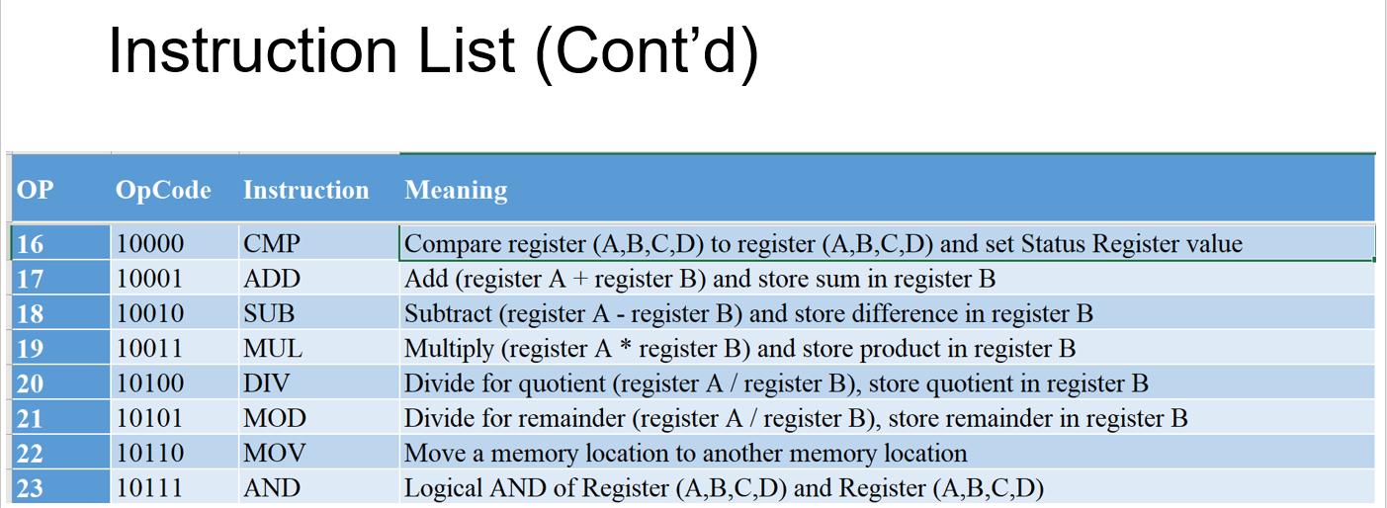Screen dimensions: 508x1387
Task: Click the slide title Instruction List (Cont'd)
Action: click(x=433, y=50)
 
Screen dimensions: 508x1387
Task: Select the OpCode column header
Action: click(x=163, y=190)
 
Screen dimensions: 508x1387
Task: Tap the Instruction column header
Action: click(x=305, y=190)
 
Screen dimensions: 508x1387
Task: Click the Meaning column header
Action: click(x=456, y=190)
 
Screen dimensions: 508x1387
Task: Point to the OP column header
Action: click(x=36, y=190)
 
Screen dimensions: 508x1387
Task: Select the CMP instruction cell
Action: click(x=271, y=244)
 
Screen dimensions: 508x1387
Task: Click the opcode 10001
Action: click(x=149, y=280)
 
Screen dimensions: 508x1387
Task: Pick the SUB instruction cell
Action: click(x=269, y=314)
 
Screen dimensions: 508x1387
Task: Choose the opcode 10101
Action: click(x=149, y=419)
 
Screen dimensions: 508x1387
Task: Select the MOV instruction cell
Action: click(x=274, y=454)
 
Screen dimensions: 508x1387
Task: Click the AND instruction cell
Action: click(x=271, y=488)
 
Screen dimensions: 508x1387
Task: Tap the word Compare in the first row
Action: click(x=449, y=244)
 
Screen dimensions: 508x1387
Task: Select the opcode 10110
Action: click(x=149, y=454)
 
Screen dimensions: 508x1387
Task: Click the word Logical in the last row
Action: click(x=442, y=488)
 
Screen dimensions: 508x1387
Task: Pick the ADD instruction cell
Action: click(x=271, y=280)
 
